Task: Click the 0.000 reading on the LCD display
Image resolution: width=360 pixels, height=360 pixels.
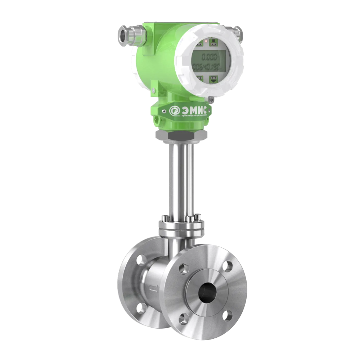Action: pos(209,57)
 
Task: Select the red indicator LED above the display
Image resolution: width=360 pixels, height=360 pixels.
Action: pos(206,42)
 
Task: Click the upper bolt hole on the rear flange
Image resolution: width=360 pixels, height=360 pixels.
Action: pos(141,259)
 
